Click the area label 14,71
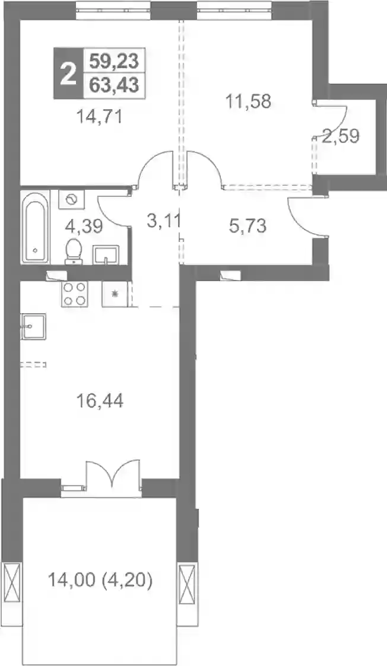click(100, 116)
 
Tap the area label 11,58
click(248, 101)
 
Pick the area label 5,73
click(248, 226)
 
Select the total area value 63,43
click(115, 85)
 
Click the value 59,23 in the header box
click(115, 62)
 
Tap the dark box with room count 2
click(68, 73)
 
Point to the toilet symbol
click(74, 251)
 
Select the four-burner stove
click(74, 294)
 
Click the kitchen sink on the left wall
click(33, 326)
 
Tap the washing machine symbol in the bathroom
click(71, 198)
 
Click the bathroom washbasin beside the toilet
click(106, 255)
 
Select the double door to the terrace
click(113, 477)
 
